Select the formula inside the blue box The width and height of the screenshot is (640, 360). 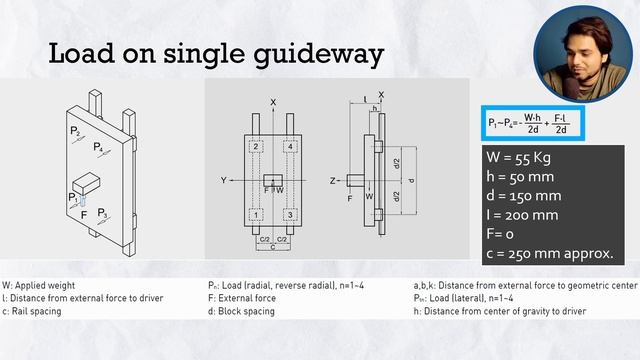coord(533,123)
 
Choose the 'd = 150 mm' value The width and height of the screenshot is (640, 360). coord(525,195)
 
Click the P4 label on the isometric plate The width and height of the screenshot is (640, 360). coord(98,147)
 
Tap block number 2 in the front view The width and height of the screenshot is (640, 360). coord(255,147)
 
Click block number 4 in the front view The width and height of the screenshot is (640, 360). coord(290,147)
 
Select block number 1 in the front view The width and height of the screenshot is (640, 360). coord(255,215)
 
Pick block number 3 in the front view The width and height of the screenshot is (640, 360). coord(290,215)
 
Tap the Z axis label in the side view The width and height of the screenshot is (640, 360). coord(332,181)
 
